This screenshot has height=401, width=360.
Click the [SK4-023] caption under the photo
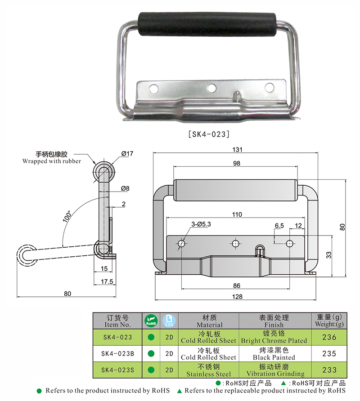point(209,134)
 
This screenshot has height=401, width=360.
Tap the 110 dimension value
point(237,214)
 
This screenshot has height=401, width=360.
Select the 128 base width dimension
point(237,296)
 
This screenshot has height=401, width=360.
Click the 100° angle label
point(68,218)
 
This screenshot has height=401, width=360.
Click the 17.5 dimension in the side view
point(105,282)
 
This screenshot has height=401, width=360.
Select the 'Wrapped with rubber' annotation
point(52,161)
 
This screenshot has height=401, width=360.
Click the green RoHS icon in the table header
point(151,321)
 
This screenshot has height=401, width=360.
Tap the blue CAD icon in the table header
point(169,321)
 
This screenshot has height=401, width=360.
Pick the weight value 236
point(329,337)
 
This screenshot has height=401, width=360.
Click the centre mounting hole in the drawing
point(235,243)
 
